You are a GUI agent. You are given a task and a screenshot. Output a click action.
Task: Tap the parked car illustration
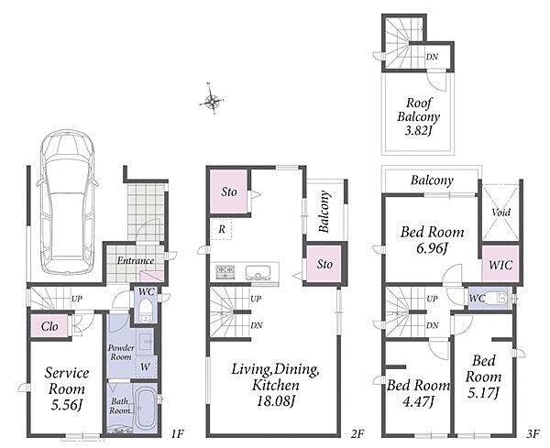pyautogui.click(x=67, y=202)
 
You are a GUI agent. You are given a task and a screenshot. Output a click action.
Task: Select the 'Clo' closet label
pyautogui.click(x=49, y=326)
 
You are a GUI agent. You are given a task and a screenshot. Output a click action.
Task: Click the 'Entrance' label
pyautogui.click(x=136, y=260)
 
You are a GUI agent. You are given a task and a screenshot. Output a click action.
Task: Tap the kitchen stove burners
pyautogui.click(x=225, y=271)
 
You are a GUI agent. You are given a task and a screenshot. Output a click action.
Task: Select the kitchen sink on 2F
pyautogui.click(x=258, y=272)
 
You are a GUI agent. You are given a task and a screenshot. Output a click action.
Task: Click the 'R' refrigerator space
pyautogui.click(x=222, y=229)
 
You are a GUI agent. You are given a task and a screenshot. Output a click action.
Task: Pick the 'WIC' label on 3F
pyautogui.click(x=500, y=265)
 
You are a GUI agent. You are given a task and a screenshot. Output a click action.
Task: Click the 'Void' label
pyautogui.click(x=500, y=212)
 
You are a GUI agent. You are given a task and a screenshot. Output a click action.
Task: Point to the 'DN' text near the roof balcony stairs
pyautogui.click(x=432, y=57)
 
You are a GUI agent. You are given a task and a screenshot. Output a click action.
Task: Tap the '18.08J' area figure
pyautogui.click(x=275, y=401)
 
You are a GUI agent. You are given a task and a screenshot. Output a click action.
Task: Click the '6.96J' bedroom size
pyautogui.click(x=432, y=248)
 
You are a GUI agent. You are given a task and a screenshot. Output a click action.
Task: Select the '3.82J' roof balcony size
pyautogui.click(x=418, y=131)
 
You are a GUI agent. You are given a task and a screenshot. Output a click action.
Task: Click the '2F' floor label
pyautogui.click(x=357, y=434)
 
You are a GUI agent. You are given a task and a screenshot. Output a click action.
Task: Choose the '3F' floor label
pyautogui.click(x=533, y=434)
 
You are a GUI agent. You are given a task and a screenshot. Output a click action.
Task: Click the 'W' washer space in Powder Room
pyautogui.click(x=145, y=367)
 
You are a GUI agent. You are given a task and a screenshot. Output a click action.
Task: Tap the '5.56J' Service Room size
pyautogui.click(x=67, y=405)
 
